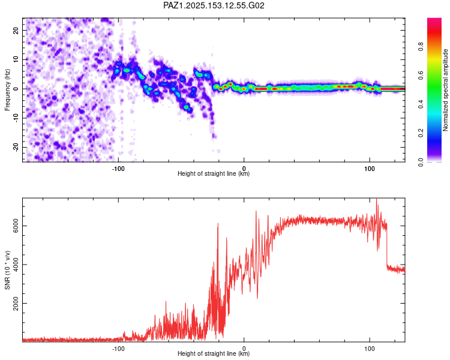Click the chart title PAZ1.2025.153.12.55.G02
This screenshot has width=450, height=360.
click(x=214, y=5)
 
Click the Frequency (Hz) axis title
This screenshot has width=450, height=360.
click(x=7, y=90)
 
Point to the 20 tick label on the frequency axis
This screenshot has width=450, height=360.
click(x=16, y=30)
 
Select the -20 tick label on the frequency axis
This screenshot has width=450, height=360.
click(x=16, y=147)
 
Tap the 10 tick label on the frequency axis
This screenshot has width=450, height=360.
click(x=16, y=59)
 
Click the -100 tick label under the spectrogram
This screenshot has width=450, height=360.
click(x=118, y=169)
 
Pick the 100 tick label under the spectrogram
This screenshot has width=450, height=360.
click(x=370, y=169)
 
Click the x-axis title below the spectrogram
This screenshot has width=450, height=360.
click(x=214, y=173)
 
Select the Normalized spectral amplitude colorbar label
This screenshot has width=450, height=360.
click(x=445, y=90)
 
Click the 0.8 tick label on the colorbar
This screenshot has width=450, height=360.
click(x=421, y=46)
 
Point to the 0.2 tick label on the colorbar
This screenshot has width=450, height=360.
click(x=421, y=133)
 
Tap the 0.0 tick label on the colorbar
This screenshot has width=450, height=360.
click(x=421, y=162)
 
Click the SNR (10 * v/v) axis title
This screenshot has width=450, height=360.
click(x=7, y=270)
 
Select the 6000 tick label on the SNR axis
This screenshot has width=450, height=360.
click(x=16, y=226)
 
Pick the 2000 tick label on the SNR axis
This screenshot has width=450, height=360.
click(x=16, y=303)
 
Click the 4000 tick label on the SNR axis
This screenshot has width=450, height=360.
click(x=16, y=265)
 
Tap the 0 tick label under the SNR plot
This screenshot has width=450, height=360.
click(x=244, y=349)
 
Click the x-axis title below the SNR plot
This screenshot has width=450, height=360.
click(x=214, y=353)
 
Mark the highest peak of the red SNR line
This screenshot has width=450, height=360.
click(x=377, y=199)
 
